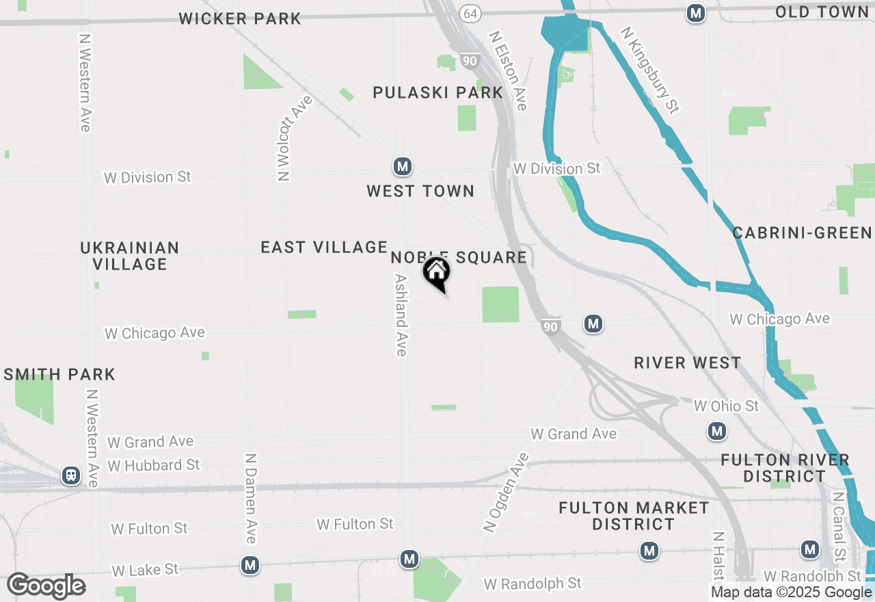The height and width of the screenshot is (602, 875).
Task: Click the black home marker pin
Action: pyautogui.click(x=437, y=273)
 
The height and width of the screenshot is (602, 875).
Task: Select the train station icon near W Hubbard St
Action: pyautogui.click(x=70, y=475)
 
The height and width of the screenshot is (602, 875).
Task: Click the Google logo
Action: pyautogui.click(x=46, y=586)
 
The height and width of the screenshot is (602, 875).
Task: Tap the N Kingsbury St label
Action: pyautogui.click(x=649, y=69)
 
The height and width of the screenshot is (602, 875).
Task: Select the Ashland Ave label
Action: pyautogui.click(x=401, y=315)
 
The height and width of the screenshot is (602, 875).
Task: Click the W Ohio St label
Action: pyautogui.click(x=726, y=406)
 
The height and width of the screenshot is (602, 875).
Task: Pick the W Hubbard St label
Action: pyautogui.click(x=154, y=465)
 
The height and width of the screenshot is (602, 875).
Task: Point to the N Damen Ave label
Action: pyautogui.click(x=250, y=498)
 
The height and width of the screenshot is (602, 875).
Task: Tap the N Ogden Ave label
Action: pyautogui.click(x=506, y=491)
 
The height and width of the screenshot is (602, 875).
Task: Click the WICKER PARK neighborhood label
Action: pyautogui.click(x=240, y=19)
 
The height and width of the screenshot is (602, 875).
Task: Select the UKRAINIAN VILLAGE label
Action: pyautogui.click(x=130, y=256)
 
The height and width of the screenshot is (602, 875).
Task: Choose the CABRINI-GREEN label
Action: pyautogui.click(x=803, y=233)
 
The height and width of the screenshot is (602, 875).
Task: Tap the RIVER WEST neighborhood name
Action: pyautogui.click(x=687, y=363)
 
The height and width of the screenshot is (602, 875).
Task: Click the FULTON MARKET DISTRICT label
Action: pyautogui.click(x=634, y=516)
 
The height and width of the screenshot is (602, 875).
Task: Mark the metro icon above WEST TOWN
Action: pyautogui.click(x=402, y=166)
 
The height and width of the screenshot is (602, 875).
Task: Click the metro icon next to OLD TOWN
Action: pyautogui.click(x=696, y=13)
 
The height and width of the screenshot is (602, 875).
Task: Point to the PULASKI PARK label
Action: pyautogui.click(x=437, y=92)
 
